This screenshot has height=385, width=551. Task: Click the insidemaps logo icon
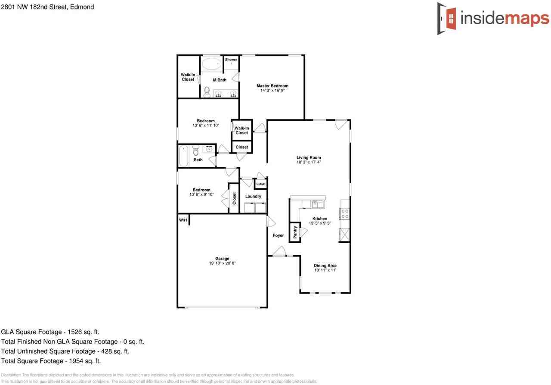click(447, 19)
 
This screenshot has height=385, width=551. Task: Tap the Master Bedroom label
click(272, 86)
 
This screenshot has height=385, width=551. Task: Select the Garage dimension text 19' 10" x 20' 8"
click(223, 263)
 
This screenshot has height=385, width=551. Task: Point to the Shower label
click(231, 59)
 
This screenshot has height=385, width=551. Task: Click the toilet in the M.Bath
click(207, 92)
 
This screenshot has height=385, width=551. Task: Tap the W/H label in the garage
click(183, 220)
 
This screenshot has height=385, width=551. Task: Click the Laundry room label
click(253, 196)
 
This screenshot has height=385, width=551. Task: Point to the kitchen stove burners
click(345, 214)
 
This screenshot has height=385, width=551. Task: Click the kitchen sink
click(318, 204)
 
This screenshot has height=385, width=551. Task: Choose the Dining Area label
click(325, 266)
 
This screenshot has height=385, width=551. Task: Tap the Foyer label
click(278, 235)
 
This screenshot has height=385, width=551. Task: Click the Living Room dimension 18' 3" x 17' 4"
click(309, 162)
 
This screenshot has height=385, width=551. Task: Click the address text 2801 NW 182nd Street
click(47, 7)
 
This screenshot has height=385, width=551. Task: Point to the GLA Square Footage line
click(50, 332)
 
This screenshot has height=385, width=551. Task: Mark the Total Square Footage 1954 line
click(51, 361)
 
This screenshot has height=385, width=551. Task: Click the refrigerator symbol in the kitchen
click(344, 235)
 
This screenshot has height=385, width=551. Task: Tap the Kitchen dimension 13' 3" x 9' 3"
click(320, 223)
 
